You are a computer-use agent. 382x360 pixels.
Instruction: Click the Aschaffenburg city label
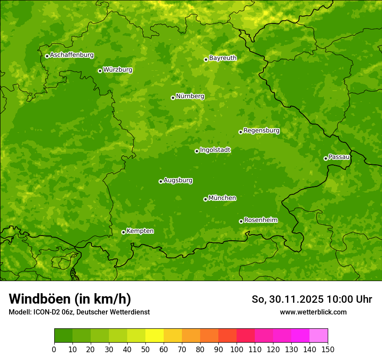[72, 55]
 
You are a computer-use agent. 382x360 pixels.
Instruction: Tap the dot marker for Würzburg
[100, 71]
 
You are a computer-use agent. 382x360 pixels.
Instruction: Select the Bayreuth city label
[223, 58]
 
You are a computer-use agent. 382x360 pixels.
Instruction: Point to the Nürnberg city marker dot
[173, 98]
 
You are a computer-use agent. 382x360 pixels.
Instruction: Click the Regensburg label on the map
[261, 131]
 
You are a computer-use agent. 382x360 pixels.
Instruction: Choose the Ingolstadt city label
[215, 150]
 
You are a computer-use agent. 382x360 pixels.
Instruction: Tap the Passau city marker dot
[326, 158]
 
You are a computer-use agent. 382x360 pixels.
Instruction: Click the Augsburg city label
[178, 180]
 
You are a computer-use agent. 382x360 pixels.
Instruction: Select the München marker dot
[205, 199]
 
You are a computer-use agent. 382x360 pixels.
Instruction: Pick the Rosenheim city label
[260, 220]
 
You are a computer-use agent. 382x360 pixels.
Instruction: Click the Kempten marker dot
[123, 232]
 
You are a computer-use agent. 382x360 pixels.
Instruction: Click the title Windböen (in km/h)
[70, 299]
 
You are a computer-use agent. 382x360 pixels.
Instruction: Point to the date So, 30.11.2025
[288, 299]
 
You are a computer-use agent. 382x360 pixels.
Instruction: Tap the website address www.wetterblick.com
[313, 312]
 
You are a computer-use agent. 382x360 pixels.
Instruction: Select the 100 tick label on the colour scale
[237, 350]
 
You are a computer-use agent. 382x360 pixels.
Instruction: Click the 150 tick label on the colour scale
[328, 350]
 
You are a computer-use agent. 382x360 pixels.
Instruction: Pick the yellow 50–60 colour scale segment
[155, 335]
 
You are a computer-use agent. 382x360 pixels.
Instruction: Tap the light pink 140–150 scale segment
[319, 335]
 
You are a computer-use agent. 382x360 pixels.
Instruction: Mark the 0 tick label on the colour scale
[54, 350]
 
